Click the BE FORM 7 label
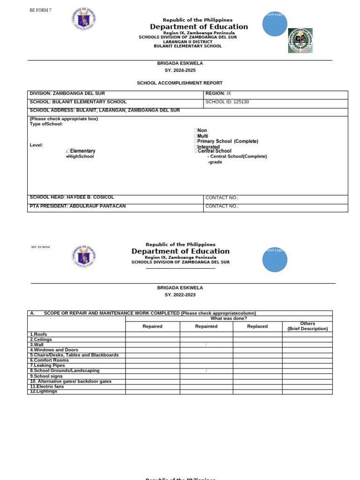tap(40, 10)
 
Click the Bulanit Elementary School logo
tap(300, 40)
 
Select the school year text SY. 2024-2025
tap(180, 70)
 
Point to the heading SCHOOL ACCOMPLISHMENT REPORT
tap(180, 83)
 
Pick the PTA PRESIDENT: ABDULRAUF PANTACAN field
tap(77, 206)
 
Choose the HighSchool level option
tap(80, 157)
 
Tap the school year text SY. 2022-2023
tap(180, 295)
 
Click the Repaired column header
tap(152, 326)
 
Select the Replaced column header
tap(257, 326)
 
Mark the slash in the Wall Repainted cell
tap(206, 345)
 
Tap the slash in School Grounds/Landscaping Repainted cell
tap(206, 371)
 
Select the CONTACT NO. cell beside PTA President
tap(275, 206)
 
